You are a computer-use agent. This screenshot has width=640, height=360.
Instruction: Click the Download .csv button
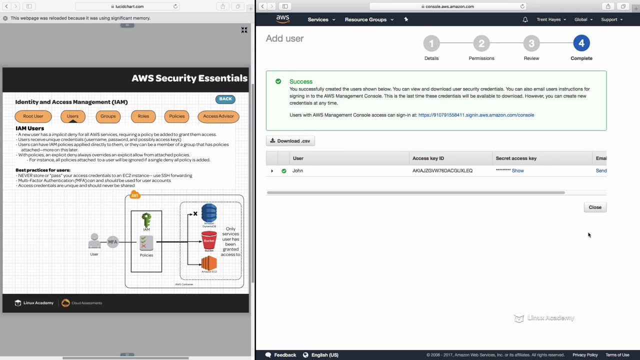290,141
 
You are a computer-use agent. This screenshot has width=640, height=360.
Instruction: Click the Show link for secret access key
517,170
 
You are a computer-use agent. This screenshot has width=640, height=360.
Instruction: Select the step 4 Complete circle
581,43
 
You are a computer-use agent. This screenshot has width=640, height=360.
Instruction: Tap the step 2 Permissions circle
481,43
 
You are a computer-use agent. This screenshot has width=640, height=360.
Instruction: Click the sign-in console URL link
476,115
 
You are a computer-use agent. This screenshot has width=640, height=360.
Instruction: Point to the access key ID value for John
442,170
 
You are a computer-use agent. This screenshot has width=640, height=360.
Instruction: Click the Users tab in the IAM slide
72,116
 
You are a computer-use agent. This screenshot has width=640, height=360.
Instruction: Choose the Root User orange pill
33,116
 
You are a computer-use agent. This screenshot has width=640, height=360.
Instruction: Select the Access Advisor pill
218,116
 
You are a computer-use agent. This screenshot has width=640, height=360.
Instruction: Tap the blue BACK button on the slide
225,99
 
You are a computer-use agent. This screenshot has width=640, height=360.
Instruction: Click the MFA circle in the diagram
112,242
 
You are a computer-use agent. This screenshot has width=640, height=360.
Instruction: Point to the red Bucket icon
209,241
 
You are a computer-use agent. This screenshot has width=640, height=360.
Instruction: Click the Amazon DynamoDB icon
209,213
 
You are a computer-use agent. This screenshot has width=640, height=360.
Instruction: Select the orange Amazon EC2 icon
209,263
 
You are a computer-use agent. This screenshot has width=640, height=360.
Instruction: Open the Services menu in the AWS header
321,19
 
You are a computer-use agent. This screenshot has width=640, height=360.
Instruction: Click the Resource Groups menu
368,19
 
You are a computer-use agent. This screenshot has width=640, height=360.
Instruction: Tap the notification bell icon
525,19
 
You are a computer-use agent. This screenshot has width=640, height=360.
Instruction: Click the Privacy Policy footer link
585,355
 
